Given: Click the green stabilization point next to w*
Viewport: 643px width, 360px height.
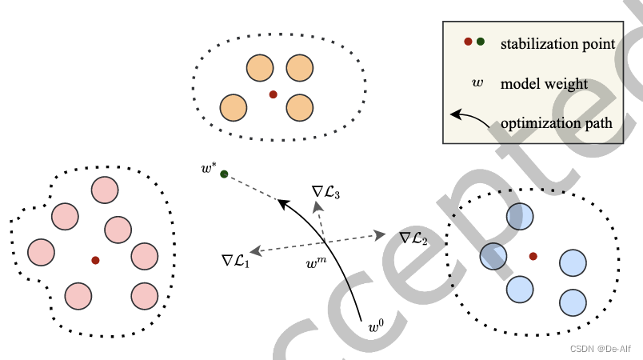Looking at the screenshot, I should pyautogui.click(x=224, y=174).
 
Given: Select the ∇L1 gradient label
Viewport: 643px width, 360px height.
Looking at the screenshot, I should pyautogui.click(x=236, y=260).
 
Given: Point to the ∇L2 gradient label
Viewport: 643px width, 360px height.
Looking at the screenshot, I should pyautogui.click(x=413, y=237).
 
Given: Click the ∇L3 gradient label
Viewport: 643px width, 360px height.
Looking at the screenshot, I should pyautogui.click(x=326, y=191).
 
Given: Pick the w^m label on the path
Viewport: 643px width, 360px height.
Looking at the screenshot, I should pyautogui.click(x=317, y=261).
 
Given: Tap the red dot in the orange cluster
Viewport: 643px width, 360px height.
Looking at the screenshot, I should pyautogui.click(x=273, y=94).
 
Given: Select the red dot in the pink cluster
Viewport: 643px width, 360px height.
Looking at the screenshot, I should pyautogui.click(x=95, y=260).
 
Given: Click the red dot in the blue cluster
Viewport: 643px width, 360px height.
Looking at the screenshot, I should pyautogui.click(x=533, y=256).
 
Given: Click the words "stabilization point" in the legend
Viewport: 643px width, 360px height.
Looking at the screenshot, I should pyautogui.click(x=557, y=43).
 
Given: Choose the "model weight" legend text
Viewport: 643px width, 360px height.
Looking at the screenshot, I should pyautogui.click(x=544, y=83).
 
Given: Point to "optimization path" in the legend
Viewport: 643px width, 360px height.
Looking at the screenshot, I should pyautogui.click(x=557, y=123).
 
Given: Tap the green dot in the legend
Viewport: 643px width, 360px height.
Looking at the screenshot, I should pyautogui.click(x=481, y=42).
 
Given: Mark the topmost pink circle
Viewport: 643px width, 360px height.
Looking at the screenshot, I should pyautogui.click(x=105, y=190).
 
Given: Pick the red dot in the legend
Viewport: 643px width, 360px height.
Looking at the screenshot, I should pyautogui.click(x=468, y=42).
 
